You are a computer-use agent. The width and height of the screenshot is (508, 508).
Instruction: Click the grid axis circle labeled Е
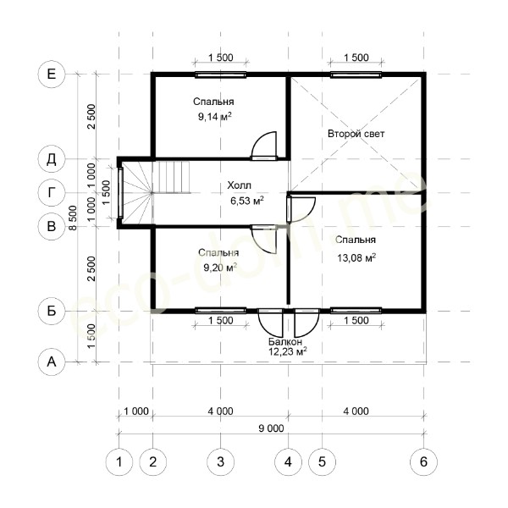click(52, 75)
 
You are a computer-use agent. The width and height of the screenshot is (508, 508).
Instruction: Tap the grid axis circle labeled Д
click(52, 159)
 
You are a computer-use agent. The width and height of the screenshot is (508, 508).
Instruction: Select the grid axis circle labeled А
click(52, 362)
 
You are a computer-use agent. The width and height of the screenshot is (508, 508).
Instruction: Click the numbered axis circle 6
click(424, 461)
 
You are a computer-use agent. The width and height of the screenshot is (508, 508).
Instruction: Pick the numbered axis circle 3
click(221, 461)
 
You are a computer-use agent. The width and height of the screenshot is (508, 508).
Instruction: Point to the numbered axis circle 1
click(119, 461)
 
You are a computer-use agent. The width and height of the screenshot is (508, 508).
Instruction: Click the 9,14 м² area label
click(215, 116)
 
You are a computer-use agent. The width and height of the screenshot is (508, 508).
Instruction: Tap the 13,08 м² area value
click(356, 258)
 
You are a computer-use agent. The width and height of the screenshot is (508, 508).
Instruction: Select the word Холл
click(239, 185)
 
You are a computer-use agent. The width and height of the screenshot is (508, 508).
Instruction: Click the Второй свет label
click(356, 134)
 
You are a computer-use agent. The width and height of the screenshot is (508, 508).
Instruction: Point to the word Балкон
click(285, 341)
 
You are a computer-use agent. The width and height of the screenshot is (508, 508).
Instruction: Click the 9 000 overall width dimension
click(271, 428)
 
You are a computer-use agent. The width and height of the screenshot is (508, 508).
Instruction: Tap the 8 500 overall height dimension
click(74, 218)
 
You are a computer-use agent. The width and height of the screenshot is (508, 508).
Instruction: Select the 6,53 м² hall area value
click(247, 201)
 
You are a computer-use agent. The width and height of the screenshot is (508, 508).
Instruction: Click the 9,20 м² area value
click(220, 268)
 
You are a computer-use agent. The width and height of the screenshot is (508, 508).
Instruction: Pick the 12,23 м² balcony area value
click(288, 351)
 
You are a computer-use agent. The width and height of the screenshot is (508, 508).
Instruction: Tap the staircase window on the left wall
click(120, 193)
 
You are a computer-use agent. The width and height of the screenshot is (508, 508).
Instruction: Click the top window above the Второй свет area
click(356, 75)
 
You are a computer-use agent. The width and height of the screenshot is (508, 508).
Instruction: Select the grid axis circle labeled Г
click(52, 193)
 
